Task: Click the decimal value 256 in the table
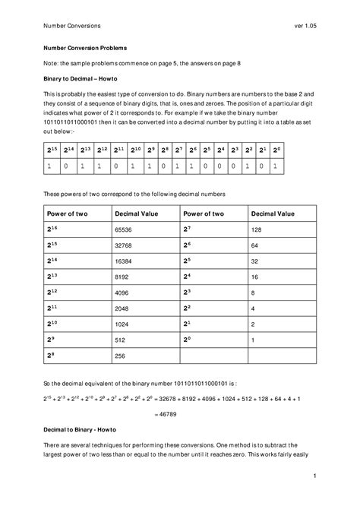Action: (x=121, y=355)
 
